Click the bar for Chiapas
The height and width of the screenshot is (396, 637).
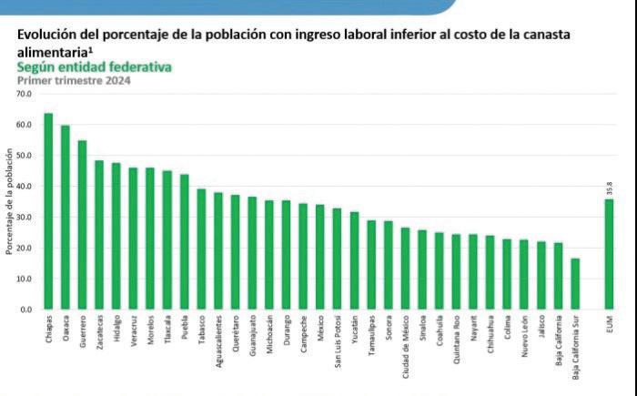(x=48, y=211)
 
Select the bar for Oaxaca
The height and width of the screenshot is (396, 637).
(x=66, y=218)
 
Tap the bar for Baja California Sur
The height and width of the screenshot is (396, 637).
(x=575, y=284)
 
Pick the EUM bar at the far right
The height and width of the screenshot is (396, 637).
(x=609, y=254)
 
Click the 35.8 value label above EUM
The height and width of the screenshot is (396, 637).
(x=609, y=188)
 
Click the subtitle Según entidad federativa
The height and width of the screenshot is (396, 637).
(x=95, y=67)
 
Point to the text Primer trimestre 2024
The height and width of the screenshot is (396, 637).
(x=74, y=81)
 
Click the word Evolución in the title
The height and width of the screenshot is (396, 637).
(x=47, y=34)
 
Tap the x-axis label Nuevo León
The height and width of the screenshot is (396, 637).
(x=524, y=335)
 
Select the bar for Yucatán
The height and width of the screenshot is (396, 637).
(x=354, y=260)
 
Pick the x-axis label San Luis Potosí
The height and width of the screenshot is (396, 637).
(x=338, y=339)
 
